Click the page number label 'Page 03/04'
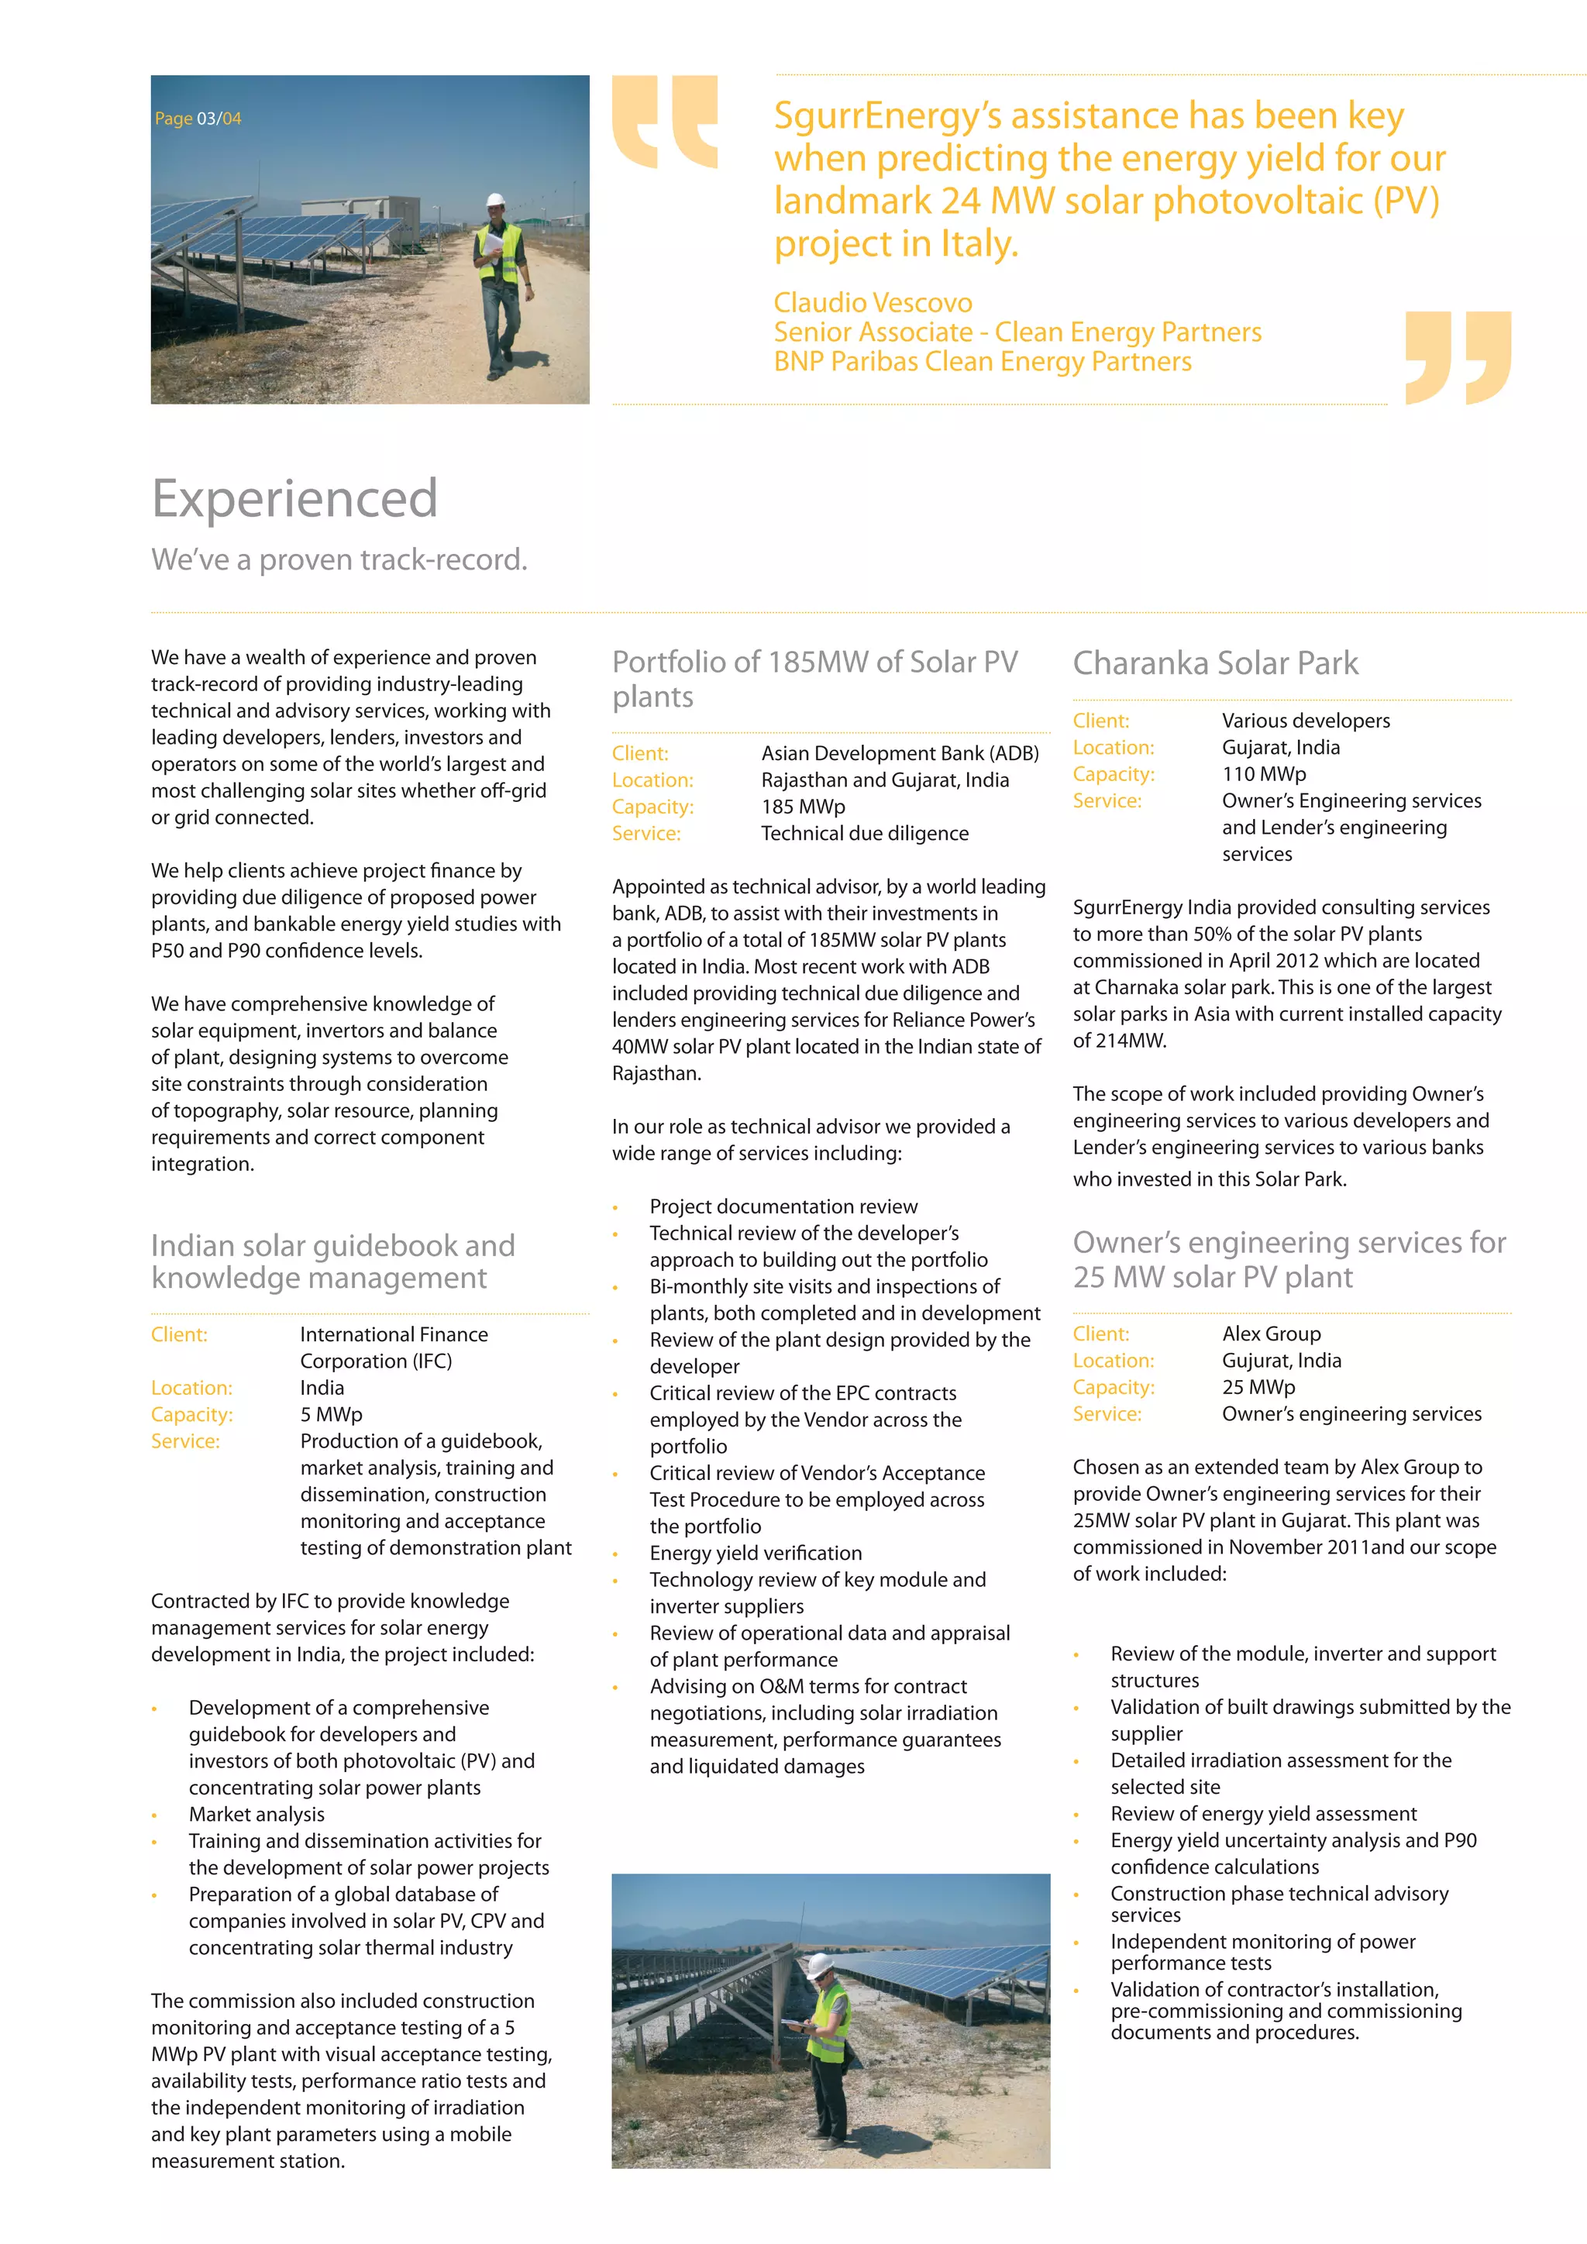(x=198, y=119)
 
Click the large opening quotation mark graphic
(x=665, y=121)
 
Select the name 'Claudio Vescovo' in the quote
(x=873, y=303)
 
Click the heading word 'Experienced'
(x=294, y=498)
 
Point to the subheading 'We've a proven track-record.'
(x=339, y=559)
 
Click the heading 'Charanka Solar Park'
(x=1215, y=663)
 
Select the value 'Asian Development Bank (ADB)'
(x=900, y=753)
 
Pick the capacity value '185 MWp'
(x=804, y=807)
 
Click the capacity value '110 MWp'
(x=1264, y=774)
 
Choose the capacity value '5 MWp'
(x=332, y=1414)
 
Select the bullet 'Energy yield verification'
(x=756, y=1553)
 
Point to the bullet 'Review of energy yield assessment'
(x=1262, y=1814)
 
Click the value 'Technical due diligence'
(x=865, y=834)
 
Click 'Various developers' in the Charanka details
(x=1306, y=721)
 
